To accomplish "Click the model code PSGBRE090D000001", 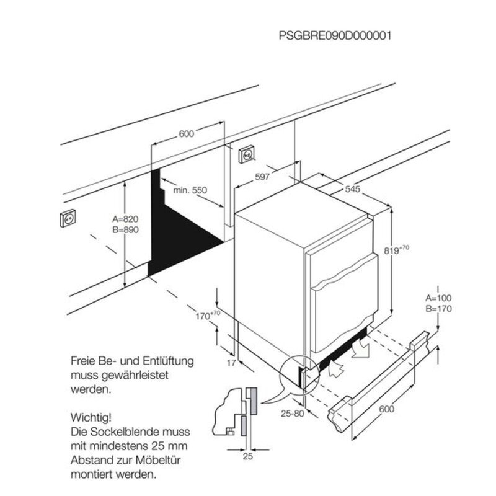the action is (335, 35).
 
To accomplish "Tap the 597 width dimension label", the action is (262, 177).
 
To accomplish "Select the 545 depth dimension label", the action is (352, 189).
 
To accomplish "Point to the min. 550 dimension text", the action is (190, 190).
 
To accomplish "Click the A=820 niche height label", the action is (125, 219).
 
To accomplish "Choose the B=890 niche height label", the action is (125, 229).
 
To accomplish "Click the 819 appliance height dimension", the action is (396, 250).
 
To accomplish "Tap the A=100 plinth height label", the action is (438, 298).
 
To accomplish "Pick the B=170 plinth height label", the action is (438, 309).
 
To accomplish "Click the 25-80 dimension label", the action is (293, 413).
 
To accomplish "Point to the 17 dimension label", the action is (231, 363).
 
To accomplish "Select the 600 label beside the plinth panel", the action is (386, 409).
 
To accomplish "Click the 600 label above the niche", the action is (187, 134).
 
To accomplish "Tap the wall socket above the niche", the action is (247, 154).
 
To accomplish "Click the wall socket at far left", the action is (68, 218).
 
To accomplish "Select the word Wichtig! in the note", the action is (91, 417).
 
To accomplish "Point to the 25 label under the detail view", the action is (248, 456).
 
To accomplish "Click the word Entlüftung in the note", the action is (168, 361).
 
